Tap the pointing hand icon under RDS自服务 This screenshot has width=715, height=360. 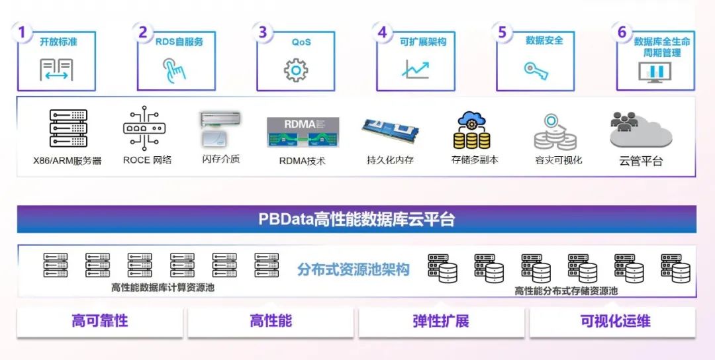click(x=175, y=69)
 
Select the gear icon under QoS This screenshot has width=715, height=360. click(x=296, y=69)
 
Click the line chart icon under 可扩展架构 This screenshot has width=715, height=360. click(x=416, y=69)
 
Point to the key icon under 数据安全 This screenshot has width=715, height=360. click(x=536, y=69)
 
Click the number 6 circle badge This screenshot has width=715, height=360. click(x=622, y=32)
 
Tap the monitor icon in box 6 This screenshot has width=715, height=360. click(x=655, y=71)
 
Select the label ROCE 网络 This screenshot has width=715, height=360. click(x=147, y=159)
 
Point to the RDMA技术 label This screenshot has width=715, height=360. click(x=303, y=161)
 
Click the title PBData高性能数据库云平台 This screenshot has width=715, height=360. click(x=357, y=220)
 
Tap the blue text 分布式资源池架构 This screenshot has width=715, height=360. click(x=354, y=269)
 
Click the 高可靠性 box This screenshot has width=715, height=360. click(x=100, y=322)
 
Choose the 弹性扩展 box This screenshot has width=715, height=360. click(x=441, y=322)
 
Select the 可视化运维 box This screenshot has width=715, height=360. click(x=615, y=322)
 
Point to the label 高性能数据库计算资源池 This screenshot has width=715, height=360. click(x=163, y=288)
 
